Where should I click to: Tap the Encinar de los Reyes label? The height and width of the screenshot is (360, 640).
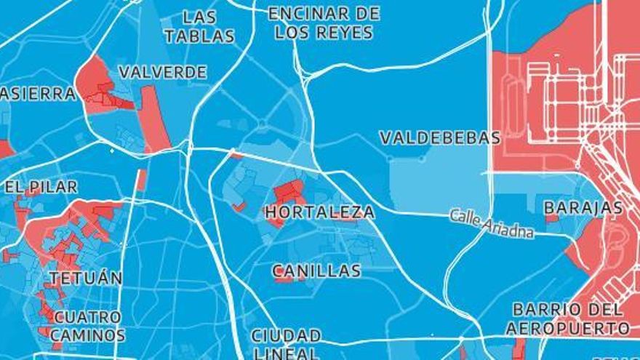[x=324, y=23]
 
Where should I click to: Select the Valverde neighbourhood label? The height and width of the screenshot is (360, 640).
[x=162, y=72]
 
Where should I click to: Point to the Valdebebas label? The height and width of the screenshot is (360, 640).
[x=440, y=137]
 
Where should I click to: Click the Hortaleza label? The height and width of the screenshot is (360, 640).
[x=320, y=212]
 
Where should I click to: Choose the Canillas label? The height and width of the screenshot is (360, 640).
[x=316, y=271]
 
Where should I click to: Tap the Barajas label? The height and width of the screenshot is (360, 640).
[x=583, y=208]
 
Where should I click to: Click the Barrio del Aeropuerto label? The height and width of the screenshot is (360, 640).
[x=567, y=319]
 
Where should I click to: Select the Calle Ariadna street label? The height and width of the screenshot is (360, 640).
[x=492, y=223]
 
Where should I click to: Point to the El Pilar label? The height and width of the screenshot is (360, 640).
[x=41, y=187]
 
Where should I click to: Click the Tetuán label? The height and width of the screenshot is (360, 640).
[x=86, y=278]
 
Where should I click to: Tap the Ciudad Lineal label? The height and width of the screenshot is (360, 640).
[x=286, y=344]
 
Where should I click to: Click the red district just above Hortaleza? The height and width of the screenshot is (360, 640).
[x=289, y=191]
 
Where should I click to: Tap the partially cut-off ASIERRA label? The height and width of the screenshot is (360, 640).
[x=38, y=94]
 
